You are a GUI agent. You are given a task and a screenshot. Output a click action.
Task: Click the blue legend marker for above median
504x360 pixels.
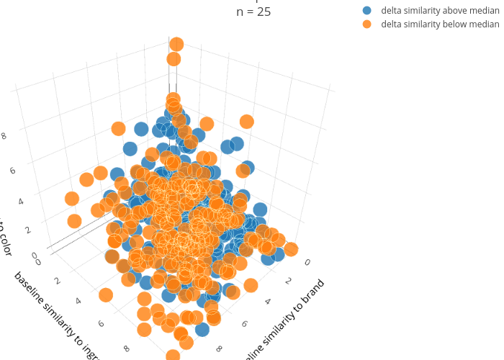point(367,11)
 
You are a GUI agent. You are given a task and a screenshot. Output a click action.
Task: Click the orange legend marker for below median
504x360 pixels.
point(367,24)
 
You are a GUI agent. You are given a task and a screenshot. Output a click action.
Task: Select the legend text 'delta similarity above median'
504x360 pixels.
point(440,11)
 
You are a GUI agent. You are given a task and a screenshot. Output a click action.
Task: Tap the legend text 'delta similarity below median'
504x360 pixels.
point(440,24)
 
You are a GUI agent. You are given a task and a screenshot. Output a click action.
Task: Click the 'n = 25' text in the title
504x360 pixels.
point(253,12)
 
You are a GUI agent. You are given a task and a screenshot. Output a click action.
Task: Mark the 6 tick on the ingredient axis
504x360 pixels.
point(102,323)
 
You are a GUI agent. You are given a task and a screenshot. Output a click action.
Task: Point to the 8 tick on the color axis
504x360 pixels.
point(4,135)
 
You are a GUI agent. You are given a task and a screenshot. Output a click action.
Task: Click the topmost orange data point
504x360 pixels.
point(176,45)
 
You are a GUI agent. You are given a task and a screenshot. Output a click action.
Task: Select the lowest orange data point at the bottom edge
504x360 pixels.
point(173,355)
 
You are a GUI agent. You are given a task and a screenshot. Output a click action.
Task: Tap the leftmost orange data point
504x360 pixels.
point(71,198)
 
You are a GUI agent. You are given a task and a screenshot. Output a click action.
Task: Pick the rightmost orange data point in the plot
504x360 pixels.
point(291,249)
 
